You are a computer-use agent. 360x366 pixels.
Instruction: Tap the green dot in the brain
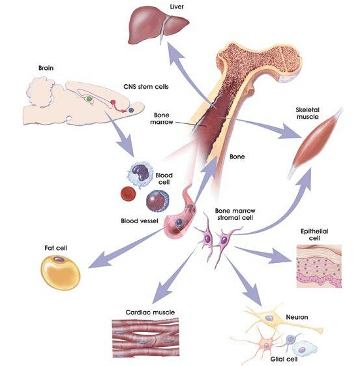[x=89, y=99]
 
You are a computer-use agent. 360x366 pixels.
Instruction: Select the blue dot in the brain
[x=131, y=110]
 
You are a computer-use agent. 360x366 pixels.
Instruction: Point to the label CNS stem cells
[x=146, y=87]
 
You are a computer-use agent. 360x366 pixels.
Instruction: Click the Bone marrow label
[x=162, y=119]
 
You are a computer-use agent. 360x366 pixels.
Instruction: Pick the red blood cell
[x=128, y=194]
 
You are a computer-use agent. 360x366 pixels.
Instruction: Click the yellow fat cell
[x=61, y=273]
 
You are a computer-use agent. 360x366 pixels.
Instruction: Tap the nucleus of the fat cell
[x=59, y=259]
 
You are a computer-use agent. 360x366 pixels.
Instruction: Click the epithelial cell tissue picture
[x=319, y=266]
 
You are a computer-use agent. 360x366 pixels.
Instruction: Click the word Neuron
[x=297, y=317]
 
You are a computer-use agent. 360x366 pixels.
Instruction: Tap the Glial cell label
[x=284, y=359]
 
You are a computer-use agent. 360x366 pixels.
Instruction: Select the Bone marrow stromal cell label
[x=235, y=214]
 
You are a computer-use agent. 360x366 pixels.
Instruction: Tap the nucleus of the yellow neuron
[x=269, y=318]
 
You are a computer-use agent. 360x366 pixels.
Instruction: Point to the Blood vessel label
[x=140, y=221]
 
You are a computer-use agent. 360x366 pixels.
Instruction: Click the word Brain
[x=46, y=68]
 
